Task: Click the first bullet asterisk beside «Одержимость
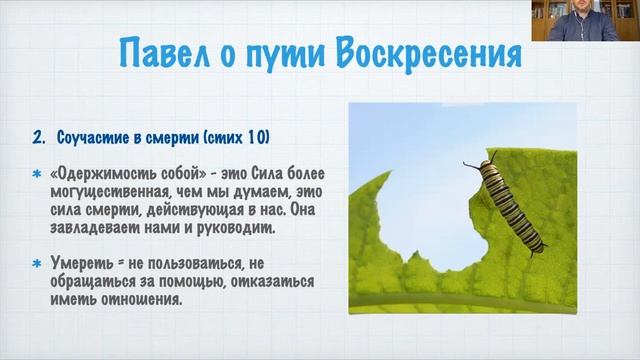36,171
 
